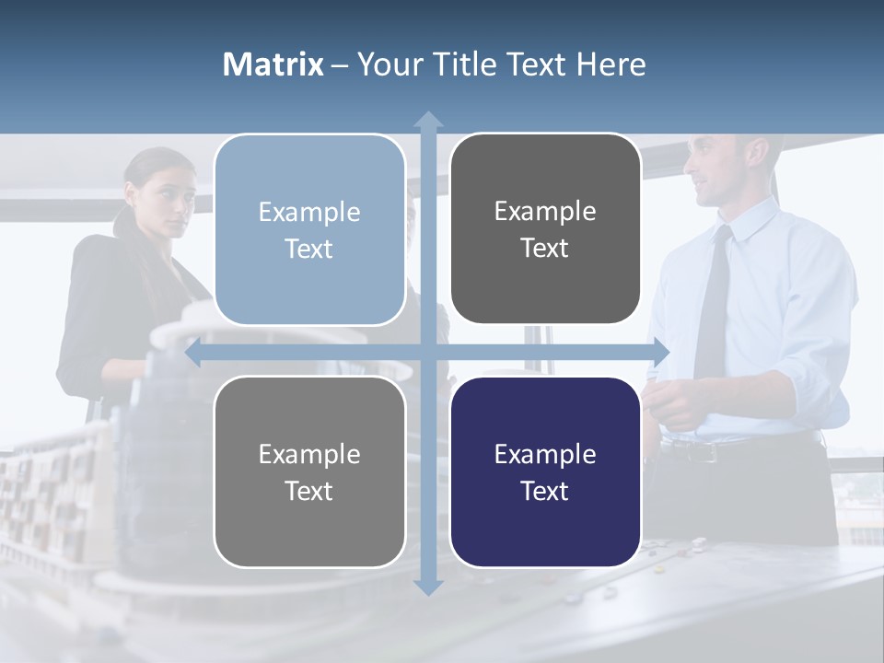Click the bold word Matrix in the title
pos(273,64)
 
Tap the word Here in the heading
pos(611,64)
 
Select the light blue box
pos(309,230)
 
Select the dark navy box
pos(545,472)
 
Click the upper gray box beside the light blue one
pos(545,229)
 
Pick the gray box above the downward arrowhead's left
pos(309,472)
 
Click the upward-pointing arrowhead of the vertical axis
pos(428,121)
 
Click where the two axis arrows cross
pos(428,353)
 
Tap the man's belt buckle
pos(704,452)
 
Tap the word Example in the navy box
pos(545,454)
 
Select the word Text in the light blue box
pos(309,250)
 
